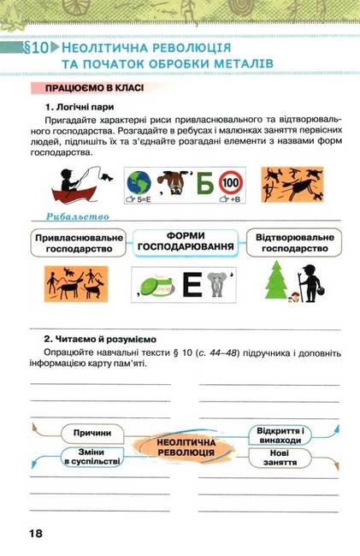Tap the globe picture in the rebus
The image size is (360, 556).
tap(139, 183)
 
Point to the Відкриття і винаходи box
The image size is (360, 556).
tap(283, 434)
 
